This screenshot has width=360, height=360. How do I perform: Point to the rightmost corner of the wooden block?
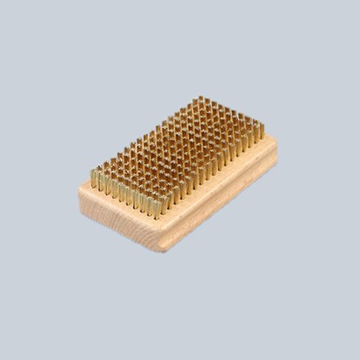point(276,147)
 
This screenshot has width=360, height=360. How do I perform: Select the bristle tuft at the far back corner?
point(200,100)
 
